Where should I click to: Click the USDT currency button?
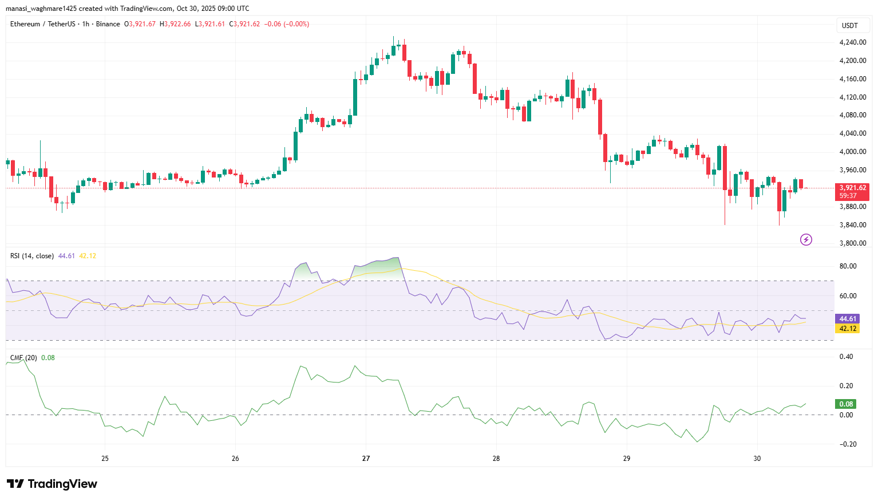850,25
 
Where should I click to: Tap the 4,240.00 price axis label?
852,42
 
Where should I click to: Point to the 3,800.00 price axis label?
852,243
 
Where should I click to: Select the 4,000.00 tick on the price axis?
852,152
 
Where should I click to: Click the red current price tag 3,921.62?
852,188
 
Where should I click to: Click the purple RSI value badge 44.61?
848,319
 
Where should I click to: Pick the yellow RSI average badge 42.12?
848,329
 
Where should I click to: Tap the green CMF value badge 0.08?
846,404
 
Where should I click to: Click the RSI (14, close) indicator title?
32,256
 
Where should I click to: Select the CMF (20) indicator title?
23,358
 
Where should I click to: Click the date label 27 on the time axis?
366,459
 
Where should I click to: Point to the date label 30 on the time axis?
757,459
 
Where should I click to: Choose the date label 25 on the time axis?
105,459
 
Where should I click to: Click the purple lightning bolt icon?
806,239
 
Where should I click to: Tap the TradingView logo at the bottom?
52,484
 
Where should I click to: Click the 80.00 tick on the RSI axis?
848,266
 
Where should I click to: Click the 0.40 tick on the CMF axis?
846,357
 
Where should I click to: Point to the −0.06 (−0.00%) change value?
287,24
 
